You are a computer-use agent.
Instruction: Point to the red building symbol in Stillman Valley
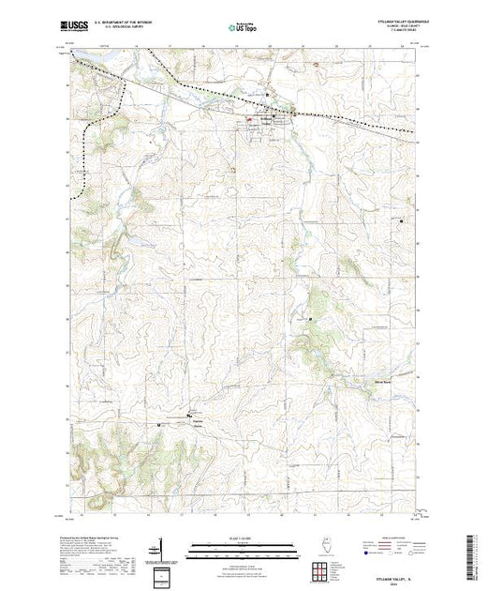249,120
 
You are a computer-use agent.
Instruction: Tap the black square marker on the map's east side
402,220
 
